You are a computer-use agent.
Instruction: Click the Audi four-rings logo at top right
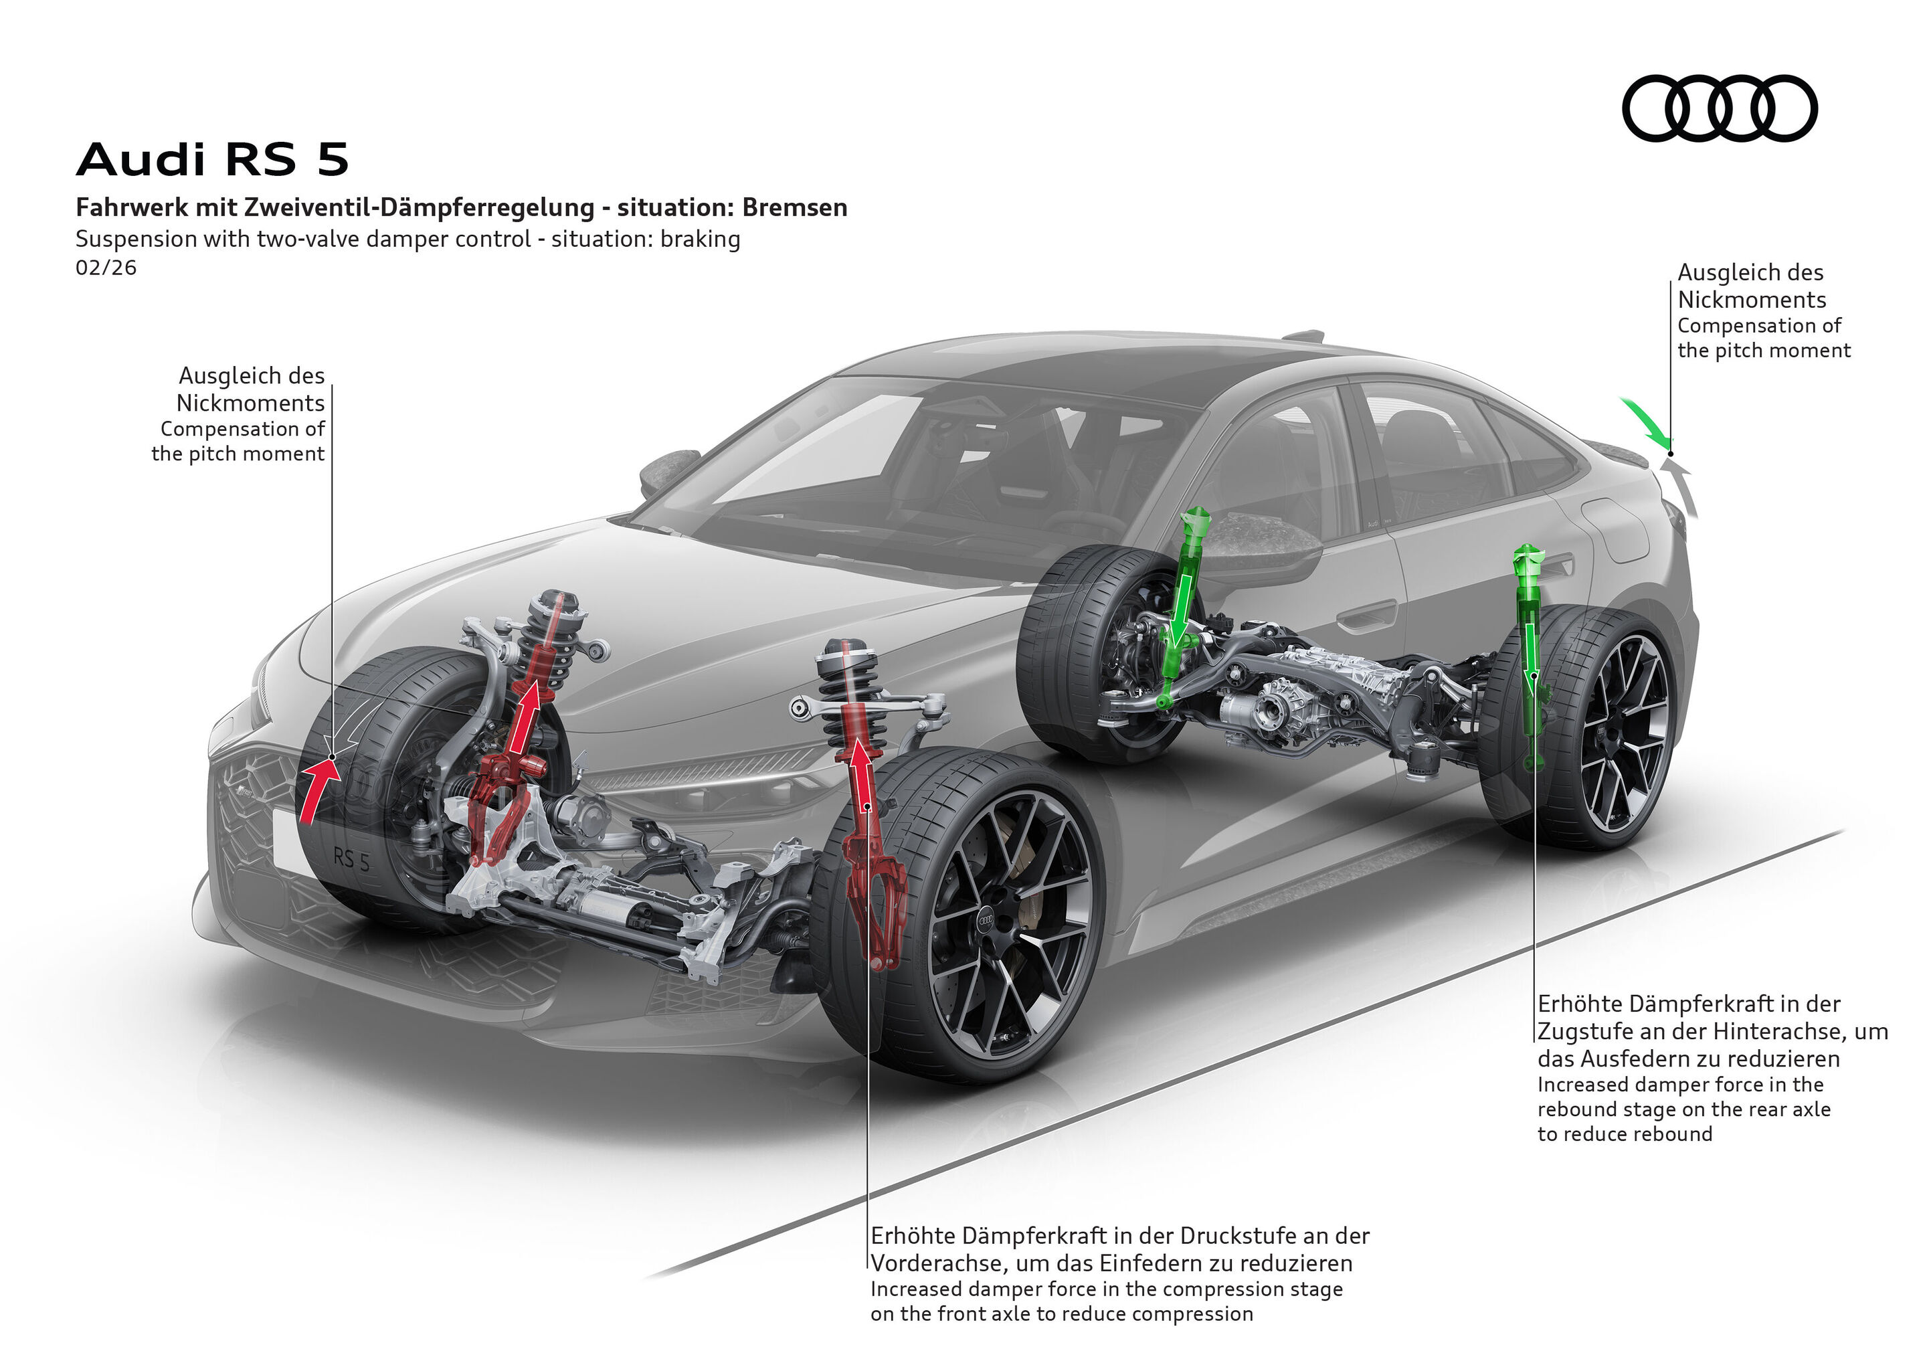click(1719, 108)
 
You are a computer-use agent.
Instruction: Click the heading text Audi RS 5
click(211, 159)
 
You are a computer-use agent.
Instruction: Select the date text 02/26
click(106, 268)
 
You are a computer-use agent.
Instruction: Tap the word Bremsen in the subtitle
click(794, 207)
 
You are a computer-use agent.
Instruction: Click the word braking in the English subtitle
click(700, 239)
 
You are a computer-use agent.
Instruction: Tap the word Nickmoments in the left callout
click(250, 403)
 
